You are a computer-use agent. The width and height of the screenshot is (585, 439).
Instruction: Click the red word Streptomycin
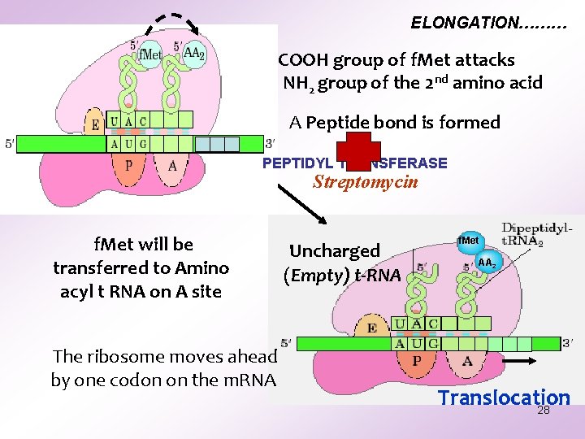pos(366,182)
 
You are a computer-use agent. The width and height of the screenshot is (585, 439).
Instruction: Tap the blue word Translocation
pos(504,398)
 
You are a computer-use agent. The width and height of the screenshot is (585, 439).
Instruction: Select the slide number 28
pos(544,411)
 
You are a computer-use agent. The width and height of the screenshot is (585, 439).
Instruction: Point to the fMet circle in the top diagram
pos(149,55)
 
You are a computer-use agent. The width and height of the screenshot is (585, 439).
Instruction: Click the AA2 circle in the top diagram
pos(193,54)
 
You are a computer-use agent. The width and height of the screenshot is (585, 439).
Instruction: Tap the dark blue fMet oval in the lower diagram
pos(469,241)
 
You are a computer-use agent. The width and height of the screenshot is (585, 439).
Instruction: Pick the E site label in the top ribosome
pos(96,125)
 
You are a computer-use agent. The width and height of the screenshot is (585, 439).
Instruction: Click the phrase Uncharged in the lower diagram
pos(335,251)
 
